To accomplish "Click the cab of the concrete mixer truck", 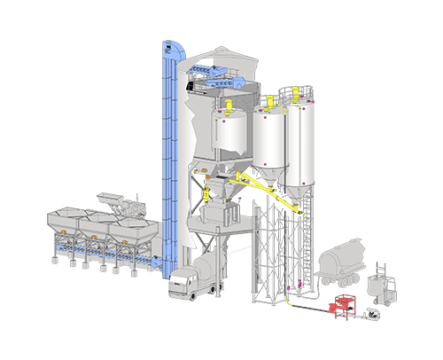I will [182, 281].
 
